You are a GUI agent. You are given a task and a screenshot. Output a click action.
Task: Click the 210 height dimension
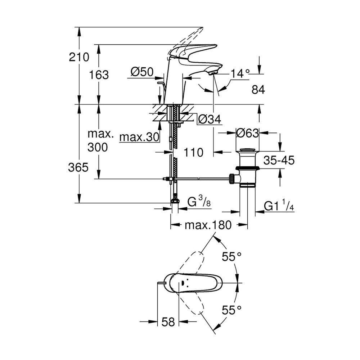coord(79,57)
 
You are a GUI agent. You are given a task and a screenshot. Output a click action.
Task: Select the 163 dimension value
coord(99,75)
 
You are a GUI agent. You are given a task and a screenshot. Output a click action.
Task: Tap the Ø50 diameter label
coord(142,72)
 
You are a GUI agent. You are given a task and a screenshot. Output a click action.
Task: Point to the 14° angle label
coord(240,74)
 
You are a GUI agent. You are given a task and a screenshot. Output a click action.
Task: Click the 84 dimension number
coord(258,90)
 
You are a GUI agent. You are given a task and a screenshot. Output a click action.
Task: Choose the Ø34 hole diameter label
coord(210,119)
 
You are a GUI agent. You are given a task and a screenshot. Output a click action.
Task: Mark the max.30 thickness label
coord(139,137)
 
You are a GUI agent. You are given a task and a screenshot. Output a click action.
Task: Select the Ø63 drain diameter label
coord(248,133)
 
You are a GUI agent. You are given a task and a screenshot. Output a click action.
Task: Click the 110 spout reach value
coord(194,152)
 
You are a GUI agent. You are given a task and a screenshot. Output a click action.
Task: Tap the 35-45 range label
coord(279,160)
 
